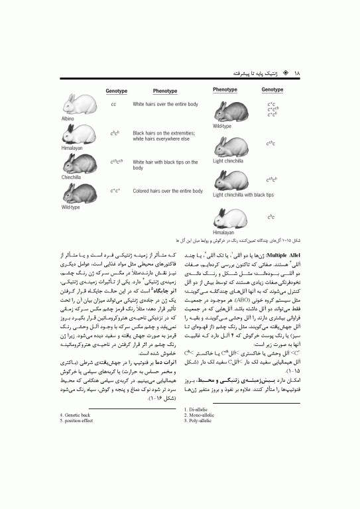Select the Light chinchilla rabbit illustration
click(230, 146)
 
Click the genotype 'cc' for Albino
click(113, 105)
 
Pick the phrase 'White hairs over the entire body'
click(165, 105)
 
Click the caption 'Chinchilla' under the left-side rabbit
click(71, 177)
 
